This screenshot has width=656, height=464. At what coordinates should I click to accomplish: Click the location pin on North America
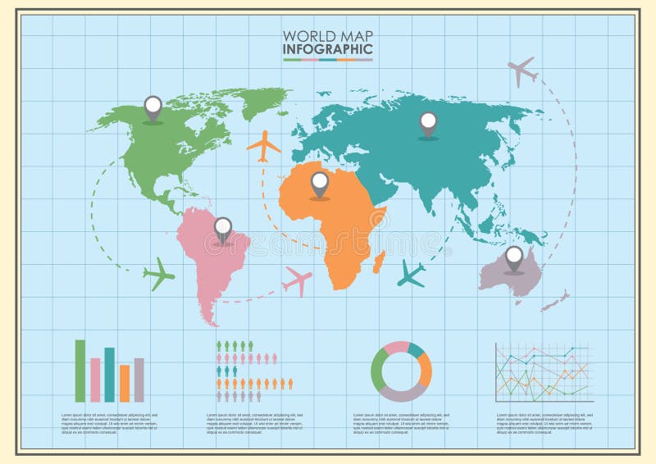pyautogui.click(x=153, y=107)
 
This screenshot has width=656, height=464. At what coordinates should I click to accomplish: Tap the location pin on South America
pyautogui.click(x=222, y=229)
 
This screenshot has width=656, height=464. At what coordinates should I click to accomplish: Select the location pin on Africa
pyautogui.click(x=319, y=184)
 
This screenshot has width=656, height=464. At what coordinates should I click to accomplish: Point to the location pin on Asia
pyautogui.click(x=428, y=124)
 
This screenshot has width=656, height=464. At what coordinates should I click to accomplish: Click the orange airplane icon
pyautogui.click(x=264, y=146)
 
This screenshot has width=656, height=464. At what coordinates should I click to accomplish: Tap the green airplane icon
pyautogui.click(x=159, y=274)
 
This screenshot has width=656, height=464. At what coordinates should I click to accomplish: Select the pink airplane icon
pyautogui.click(x=297, y=281)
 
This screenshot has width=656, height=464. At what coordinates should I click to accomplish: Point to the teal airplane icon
pyautogui.click(x=411, y=274)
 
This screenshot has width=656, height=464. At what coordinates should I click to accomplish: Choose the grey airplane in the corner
pyautogui.click(x=522, y=71)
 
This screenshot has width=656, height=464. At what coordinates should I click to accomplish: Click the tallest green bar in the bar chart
pyautogui.click(x=80, y=371)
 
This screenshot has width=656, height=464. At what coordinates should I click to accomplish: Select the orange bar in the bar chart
pyautogui.click(x=125, y=383)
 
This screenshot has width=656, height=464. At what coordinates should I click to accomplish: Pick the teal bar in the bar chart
pyautogui.click(x=110, y=375)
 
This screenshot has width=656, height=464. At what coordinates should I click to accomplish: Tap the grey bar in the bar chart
pyautogui.click(x=139, y=380)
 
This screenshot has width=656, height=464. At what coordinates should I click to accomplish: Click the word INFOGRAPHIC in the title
pyautogui.click(x=327, y=49)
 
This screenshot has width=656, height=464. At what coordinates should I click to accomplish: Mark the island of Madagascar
pyautogui.click(x=378, y=263)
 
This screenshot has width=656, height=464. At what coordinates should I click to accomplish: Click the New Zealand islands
pyautogui.click(x=556, y=301)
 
